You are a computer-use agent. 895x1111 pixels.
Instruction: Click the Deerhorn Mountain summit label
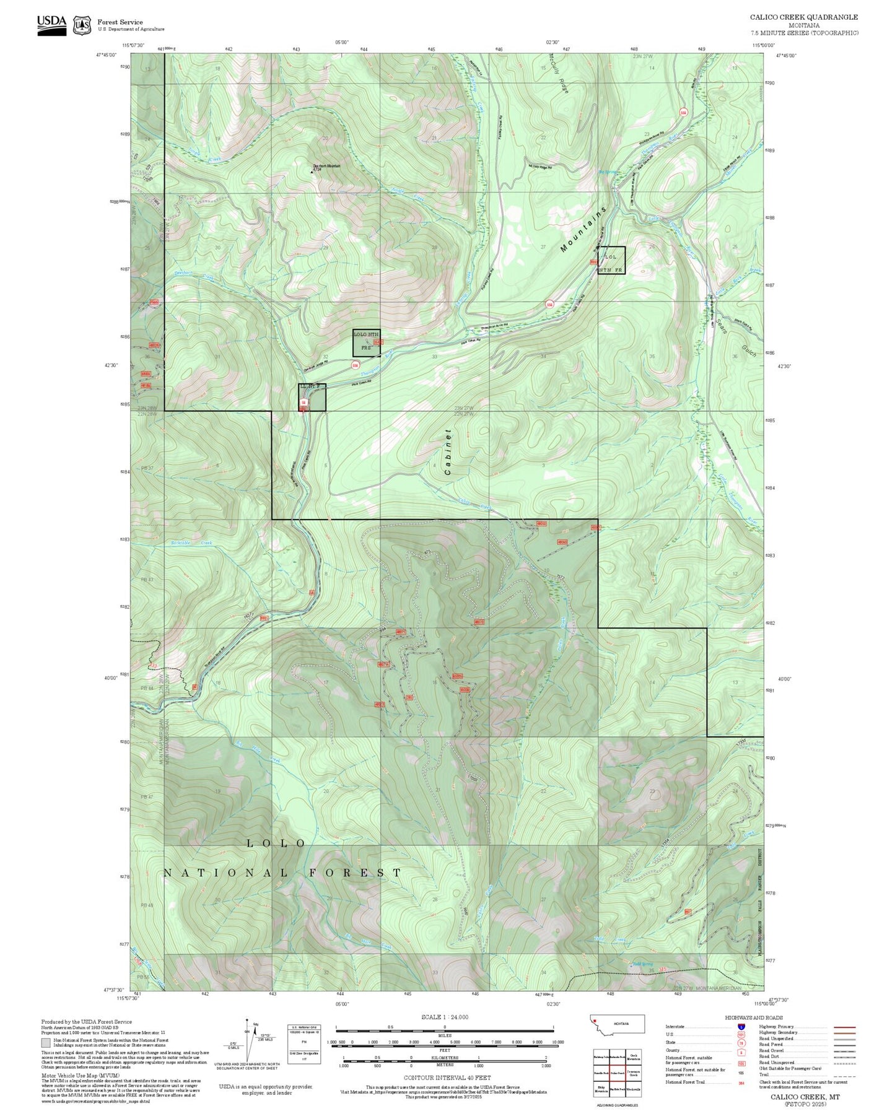coord(326,166)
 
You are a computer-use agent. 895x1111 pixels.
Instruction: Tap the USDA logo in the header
coord(51,24)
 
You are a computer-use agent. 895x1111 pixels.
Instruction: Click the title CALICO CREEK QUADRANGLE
coord(803,17)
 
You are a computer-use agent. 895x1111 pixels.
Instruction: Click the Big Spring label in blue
coord(608,172)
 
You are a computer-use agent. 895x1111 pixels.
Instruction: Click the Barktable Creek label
coord(191,543)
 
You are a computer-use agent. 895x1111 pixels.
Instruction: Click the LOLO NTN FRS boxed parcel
coord(366,342)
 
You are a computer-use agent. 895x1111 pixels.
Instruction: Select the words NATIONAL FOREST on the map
coord(282,873)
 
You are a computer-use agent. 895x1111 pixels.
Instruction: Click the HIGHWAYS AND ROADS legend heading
coord(754,1017)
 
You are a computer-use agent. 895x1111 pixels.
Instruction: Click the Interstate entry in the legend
coord(675,1027)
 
